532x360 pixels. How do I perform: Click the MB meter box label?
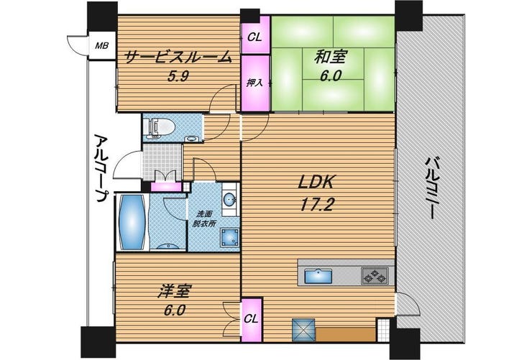pos(101,45)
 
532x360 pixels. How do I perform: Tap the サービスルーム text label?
pos(179,57)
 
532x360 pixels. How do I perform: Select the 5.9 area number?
pos(178,77)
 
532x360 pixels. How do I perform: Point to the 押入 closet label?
pos(254,82)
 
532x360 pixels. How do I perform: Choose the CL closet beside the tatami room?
pos(254,37)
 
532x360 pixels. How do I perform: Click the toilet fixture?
pos(159,127)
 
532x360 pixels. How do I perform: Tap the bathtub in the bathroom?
pos(133,222)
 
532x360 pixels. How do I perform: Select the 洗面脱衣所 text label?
pos(203,218)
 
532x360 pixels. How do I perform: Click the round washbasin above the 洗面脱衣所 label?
pos(230,199)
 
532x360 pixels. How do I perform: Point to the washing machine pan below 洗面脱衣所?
pos(230,237)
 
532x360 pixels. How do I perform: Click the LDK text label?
pos(316,183)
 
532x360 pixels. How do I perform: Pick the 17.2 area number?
pos(317,205)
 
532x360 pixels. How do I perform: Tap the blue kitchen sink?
pos(318,275)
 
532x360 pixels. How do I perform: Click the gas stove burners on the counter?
pos(375,275)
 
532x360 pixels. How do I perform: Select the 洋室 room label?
pos(175,291)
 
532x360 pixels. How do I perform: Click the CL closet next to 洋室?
pos(252,318)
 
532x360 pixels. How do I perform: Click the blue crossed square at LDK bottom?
pos(303,330)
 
